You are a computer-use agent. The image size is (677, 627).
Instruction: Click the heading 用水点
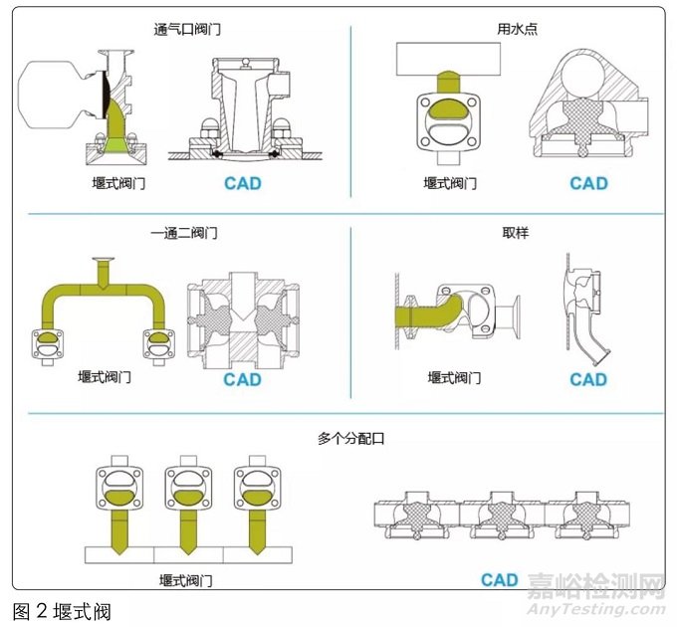516,29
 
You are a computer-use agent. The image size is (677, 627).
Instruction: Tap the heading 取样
516,233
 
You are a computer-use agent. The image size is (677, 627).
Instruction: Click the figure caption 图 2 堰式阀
62,610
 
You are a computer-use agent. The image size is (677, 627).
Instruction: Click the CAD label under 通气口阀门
243,183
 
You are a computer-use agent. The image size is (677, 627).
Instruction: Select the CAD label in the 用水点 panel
588,183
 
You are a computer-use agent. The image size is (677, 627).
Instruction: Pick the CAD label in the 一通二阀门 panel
242,379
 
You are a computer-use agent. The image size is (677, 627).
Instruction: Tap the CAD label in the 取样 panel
588,379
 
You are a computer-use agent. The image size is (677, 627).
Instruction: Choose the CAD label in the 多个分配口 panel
500,579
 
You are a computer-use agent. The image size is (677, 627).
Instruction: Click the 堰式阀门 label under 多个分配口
185,580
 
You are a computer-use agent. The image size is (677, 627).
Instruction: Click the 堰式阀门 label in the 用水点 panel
450,183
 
